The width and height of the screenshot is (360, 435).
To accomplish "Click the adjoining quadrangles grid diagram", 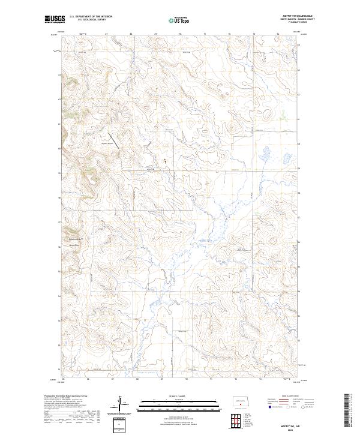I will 241,421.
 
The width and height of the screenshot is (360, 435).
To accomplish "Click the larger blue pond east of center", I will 263,154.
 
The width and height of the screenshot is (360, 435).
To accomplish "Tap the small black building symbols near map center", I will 163,161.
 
